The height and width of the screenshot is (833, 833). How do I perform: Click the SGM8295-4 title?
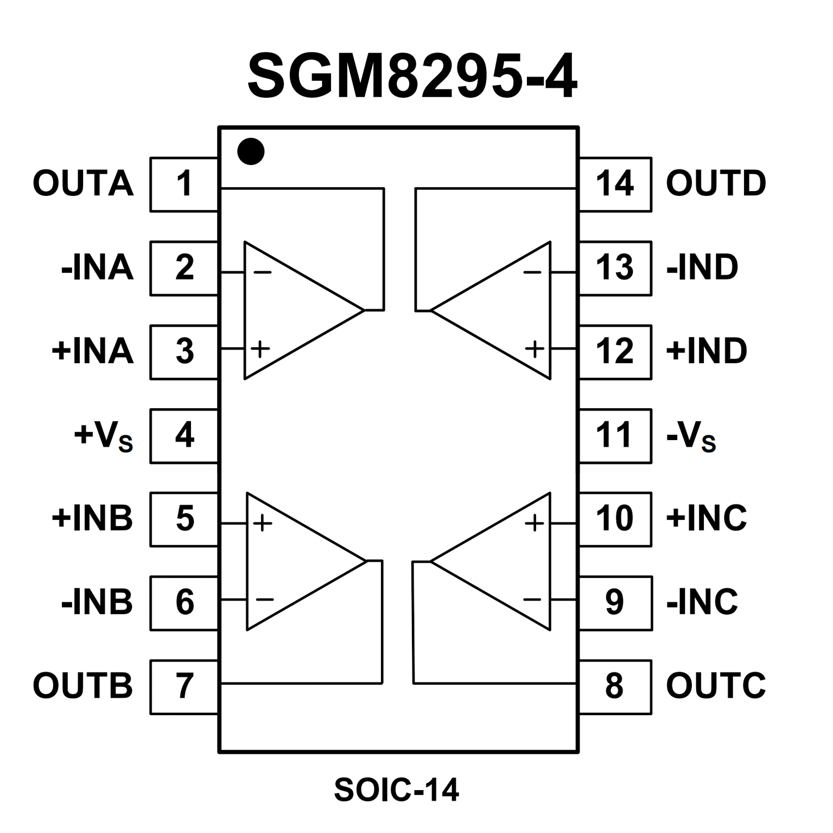click(412, 77)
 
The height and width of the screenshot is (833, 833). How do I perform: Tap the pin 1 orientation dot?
click(251, 151)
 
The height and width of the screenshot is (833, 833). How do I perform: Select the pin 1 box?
click(184, 184)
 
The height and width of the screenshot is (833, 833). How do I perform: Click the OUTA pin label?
click(83, 183)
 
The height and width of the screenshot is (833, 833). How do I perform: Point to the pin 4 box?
click(184, 436)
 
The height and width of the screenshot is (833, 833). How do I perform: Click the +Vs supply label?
click(103, 436)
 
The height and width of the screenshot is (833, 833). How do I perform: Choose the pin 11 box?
click(615, 436)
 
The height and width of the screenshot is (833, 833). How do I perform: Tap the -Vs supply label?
click(691, 436)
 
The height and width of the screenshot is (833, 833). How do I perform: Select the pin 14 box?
click(615, 184)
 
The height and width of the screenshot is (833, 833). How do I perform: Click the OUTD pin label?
click(716, 183)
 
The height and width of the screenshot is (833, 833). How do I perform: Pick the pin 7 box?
click(184, 686)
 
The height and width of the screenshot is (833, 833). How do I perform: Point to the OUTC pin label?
click(716, 686)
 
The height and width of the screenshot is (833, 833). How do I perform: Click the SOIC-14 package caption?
click(397, 790)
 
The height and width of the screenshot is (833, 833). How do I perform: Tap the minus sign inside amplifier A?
click(263, 272)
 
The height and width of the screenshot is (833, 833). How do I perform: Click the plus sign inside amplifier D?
click(535, 348)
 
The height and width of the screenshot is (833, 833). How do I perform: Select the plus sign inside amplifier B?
click(263, 523)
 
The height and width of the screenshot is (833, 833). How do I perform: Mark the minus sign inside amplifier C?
click(532, 600)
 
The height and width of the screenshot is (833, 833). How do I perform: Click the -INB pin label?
click(97, 602)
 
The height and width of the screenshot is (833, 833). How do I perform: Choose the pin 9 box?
click(615, 603)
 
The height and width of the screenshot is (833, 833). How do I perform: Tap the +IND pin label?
click(707, 351)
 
